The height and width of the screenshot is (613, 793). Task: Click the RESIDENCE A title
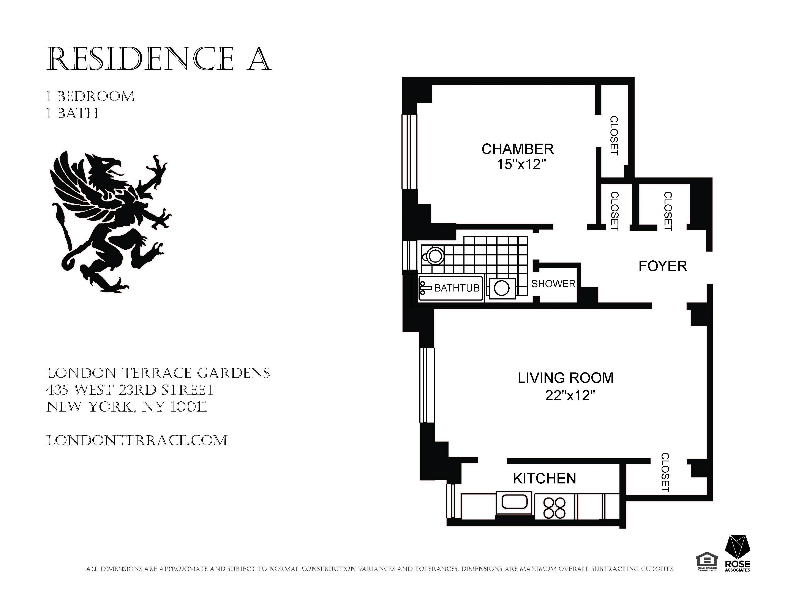point(159,59)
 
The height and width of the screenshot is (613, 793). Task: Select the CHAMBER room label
point(517,149)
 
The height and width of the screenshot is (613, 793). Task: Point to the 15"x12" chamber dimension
point(521,165)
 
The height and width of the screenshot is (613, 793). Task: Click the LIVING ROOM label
point(565,378)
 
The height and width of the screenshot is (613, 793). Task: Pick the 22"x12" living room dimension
point(570,395)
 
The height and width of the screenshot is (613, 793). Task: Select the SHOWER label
point(553,284)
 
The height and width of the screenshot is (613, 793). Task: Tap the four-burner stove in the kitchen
point(554,507)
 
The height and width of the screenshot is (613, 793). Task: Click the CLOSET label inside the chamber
point(614,135)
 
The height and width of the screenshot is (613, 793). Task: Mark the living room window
point(427,385)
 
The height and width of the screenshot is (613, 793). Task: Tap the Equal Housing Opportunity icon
point(707,561)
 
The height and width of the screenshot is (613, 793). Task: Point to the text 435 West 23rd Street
point(131,390)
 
